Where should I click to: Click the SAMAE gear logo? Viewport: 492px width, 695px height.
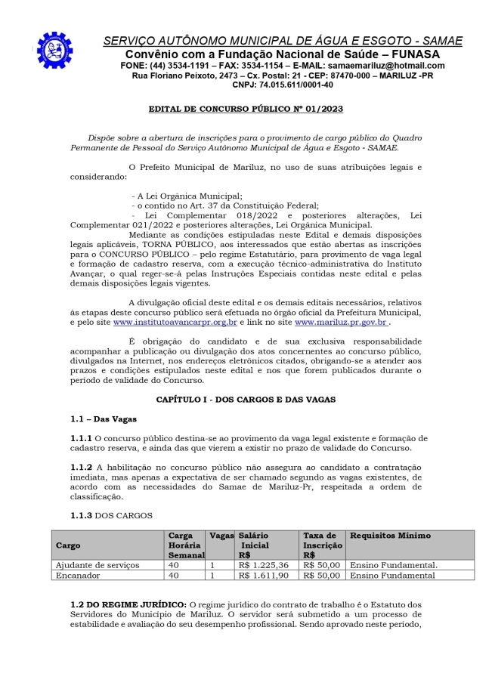[x=54, y=49]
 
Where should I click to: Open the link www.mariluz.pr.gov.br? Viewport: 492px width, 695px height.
[x=341, y=322]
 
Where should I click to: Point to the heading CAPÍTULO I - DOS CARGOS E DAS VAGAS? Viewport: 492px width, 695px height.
[x=245, y=398]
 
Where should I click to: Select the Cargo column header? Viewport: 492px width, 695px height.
[x=68, y=545]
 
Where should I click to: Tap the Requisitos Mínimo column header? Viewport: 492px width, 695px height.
[x=391, y=536]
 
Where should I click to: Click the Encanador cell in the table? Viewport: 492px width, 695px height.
[x=79, y=575]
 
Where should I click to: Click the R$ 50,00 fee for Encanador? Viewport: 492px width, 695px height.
[x=322, y=575]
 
